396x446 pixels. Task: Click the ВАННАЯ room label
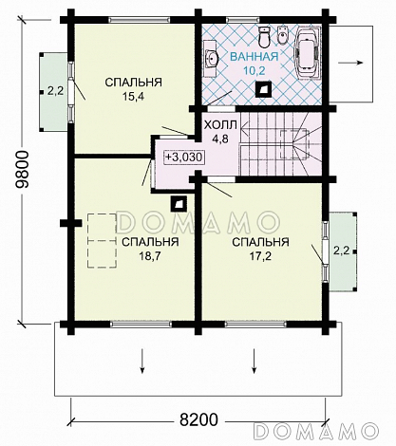coord(255,57)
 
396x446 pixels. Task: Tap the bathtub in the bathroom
coord(309,52)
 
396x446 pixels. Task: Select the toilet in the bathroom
coord(264,36)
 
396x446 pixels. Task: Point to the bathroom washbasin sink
coord(211,58)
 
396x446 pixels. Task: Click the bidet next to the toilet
coord(282,35)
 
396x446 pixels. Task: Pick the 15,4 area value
coord(133,96)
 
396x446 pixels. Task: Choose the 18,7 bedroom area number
coord(150,256)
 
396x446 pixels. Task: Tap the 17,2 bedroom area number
coord(260,256)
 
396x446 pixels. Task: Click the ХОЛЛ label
coord(220,125)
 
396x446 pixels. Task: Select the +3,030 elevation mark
coord(184,157)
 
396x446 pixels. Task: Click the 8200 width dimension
coord(198,420)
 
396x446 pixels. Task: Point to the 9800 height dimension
coord(23,170)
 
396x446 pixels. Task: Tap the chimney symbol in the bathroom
coord(263,89)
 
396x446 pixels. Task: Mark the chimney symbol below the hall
coord(179,204)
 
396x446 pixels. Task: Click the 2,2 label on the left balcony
coord(56,91)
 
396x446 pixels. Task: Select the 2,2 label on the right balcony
coord(341,251)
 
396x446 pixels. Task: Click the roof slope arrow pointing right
coord(350,63)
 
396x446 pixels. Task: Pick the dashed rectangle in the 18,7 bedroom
coord(102,241)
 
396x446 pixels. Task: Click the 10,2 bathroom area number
coord(255,71)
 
